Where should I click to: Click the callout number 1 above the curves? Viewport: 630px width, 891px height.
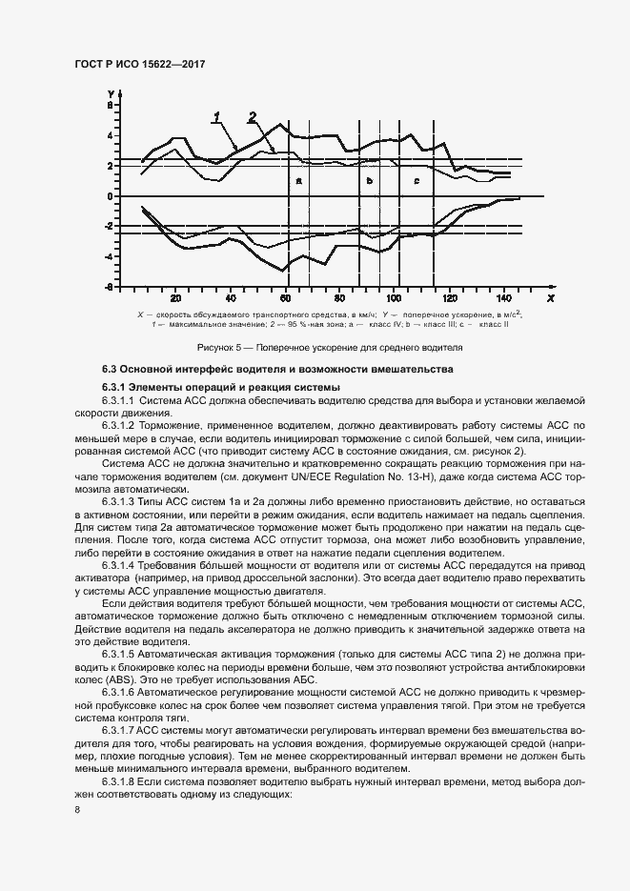pyautogui.click(x=217, y=117)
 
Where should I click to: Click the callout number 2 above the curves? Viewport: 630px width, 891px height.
pyautogui.click(x=253, y=117)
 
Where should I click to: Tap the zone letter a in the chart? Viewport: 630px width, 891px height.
pyautogui.click(x=298, y=180)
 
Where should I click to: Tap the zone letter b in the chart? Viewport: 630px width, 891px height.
pyautogui.click(x=369, y=180)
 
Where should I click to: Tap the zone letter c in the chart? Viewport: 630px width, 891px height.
pyautogui.click(x=417, y=180)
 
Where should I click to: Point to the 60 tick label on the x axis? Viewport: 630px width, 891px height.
pyautogui.click(x=286, y=295)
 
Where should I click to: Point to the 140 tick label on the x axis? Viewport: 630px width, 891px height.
pyautogui.click(x=503, y=295)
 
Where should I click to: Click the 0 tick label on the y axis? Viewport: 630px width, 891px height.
pyautogui.click(x=111, y=196)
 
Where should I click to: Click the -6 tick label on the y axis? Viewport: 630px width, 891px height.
pyautogui.click(x=110, y=287)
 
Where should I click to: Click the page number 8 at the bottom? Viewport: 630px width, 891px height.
pyautogui.click(x=77, y=810)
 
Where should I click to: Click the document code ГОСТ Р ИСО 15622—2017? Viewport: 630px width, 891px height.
pyautogui.click(x=141, y=64)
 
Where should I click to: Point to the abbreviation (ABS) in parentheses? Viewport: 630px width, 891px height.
pyautogui.click(x=116, y=682)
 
